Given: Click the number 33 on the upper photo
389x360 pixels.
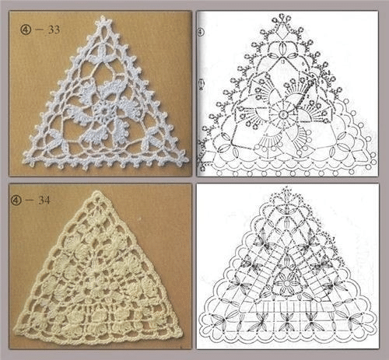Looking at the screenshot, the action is [x=54, y=30].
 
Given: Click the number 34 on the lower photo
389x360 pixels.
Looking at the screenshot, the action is [x=44, y=200].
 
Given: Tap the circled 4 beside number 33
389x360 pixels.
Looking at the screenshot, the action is [x=26, y=30].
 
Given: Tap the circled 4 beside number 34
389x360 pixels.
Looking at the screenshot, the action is [x=16, y=201].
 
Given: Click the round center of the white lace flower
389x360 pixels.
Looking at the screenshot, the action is [x=104, y=111].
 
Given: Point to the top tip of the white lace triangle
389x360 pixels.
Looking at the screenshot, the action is [x=103, y=17].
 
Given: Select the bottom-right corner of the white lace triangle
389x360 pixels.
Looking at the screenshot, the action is [x=187, y=159].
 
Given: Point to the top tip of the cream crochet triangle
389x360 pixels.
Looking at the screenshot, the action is [x=96, y=192].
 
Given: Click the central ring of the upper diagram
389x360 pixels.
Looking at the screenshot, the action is [x=283, y=114].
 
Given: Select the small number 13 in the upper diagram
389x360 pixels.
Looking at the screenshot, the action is [x=282, y=61].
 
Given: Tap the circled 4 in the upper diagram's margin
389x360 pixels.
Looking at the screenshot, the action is [x=201, y=32].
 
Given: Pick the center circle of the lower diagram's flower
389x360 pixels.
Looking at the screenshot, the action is [x=287, y=283].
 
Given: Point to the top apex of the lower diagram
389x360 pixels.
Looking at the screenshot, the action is [x=286, y=187].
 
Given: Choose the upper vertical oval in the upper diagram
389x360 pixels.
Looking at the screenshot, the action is [x=282, y=48].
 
